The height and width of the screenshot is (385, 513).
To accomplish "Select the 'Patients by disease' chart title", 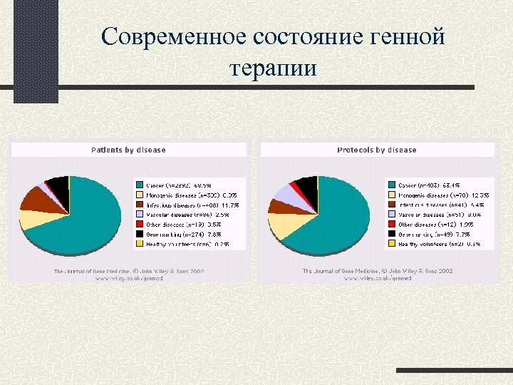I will click(128, 150).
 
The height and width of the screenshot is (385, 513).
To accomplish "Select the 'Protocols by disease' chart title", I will click(376, 150).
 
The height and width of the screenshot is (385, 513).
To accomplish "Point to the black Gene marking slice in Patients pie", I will click(57, 183).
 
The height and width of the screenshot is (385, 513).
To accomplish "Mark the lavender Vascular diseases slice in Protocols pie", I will click(283, 192).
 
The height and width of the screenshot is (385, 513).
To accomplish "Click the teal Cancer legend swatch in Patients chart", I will click(140, 185).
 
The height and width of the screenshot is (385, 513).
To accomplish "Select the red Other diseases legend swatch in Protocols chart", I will click(391, 224).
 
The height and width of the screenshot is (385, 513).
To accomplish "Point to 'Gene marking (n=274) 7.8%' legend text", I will click(184, 234).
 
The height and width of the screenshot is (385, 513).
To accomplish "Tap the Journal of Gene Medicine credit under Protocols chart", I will click(378, 272).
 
